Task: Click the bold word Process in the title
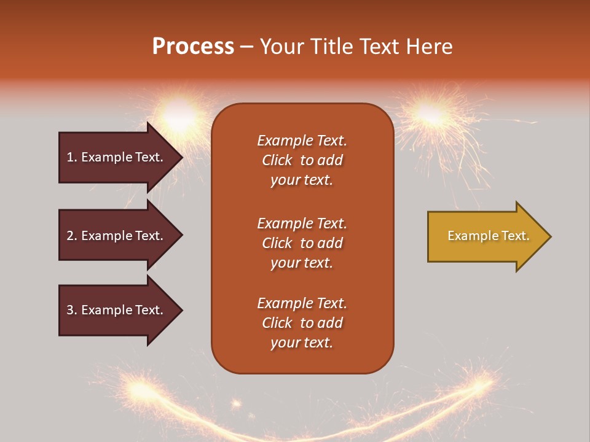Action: tap(193, 47)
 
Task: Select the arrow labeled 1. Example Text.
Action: tap(117, 157)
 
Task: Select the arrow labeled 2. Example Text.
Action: tap(117, 236)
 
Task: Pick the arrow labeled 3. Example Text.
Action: tap(117, 310)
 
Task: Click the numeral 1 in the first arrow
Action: tap(70, 157)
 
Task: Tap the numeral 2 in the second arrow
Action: tap(70, 236)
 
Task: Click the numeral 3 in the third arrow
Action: tap(70, 310)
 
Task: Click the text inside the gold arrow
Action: tap(488, 236)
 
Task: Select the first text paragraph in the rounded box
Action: tap(302, 160)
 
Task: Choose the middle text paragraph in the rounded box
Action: tap(302, 243)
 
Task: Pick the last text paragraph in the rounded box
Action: tap(302, 323)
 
